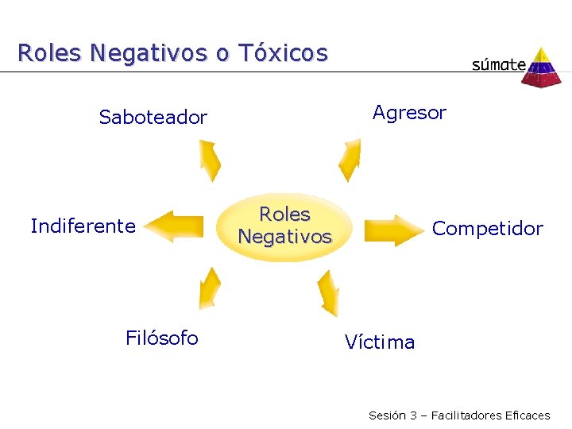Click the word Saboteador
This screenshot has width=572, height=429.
point(153,118)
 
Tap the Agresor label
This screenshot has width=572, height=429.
point(409,113)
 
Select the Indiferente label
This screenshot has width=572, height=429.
point(83,226)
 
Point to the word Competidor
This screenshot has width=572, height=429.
point(487,229)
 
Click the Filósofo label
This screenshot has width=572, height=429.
point(162,338)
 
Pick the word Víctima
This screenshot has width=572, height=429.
point(380,342)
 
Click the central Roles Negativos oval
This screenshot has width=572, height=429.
point(284,226)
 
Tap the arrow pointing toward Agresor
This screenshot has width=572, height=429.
point(349,160)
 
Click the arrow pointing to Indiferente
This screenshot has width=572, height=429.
point(176,225)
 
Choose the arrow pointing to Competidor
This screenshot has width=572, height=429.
point(392,229)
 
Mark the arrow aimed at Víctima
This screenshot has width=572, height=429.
point(327,292)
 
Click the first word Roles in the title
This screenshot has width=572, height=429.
point(48,53)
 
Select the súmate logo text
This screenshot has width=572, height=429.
point(498,64)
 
